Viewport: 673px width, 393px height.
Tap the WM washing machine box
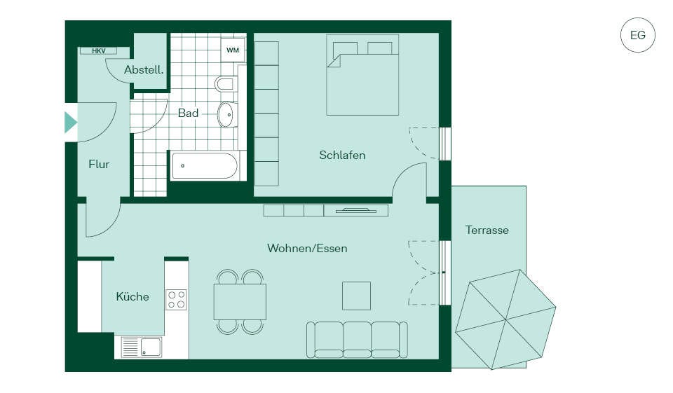(x=233, y=50)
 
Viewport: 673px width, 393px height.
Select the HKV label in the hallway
(x=98, y=50)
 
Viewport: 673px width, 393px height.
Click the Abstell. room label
(x=144, y=69)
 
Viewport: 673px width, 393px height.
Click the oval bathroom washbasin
(x=226, y=115)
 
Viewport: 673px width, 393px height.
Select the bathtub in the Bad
(x=205, y=165)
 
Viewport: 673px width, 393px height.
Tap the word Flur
(x=99, y=165)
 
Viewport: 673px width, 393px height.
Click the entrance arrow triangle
(x=71, y=123)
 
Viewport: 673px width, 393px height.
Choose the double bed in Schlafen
(x=362, y=75)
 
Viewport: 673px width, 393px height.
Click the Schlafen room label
(x=342, y=155)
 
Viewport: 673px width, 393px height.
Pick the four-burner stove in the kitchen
(x=177, y=299)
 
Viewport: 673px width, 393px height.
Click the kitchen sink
(x=142, y=347)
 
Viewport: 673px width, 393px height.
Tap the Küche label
(x=132, y=296)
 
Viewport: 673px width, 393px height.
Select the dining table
(x=240, y=302)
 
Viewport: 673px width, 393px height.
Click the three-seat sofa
(x=357, y=339)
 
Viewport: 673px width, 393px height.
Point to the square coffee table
(x=356, y=296)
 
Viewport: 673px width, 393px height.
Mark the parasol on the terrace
(x=505, y=319)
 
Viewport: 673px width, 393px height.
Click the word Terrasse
(x=487, y=230)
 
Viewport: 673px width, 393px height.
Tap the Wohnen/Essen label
(x=307, y=248)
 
